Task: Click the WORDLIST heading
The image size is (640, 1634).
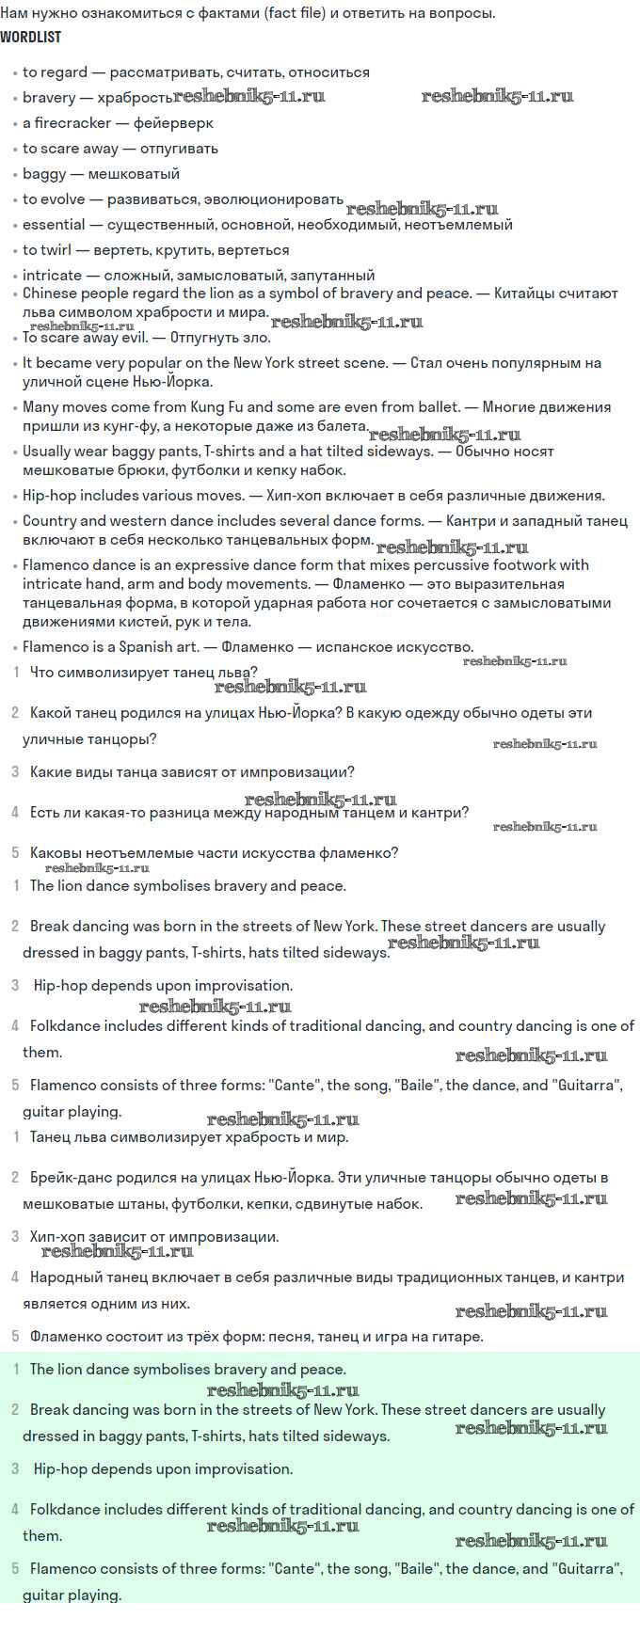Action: point(31,37)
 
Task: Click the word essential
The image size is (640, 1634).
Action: point(54,225)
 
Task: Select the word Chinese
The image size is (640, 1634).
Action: point(50,293)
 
